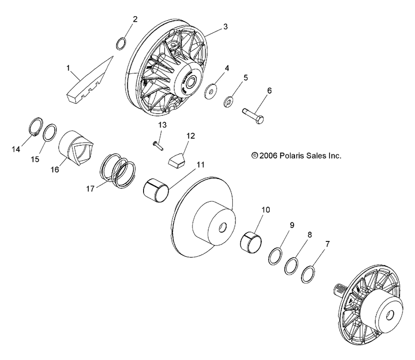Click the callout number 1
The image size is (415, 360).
tap(68, 68)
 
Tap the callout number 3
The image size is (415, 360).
tap(225, 26)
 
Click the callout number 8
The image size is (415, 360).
tap(309, 234)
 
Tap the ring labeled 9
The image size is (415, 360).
tap(276, 257)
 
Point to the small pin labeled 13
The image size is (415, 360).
tap(158, 145)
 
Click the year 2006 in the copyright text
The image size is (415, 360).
tap(268, 156)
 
